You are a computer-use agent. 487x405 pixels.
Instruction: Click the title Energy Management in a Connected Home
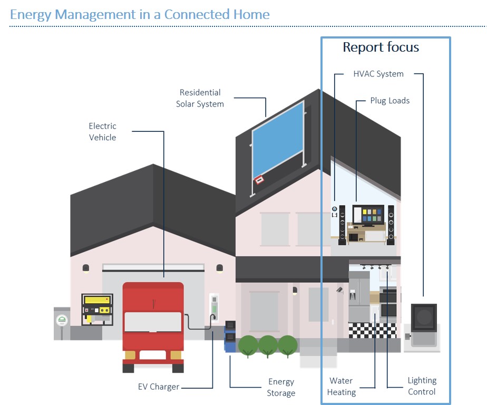[140, 14]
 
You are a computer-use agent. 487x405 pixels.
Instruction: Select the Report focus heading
[381, 47]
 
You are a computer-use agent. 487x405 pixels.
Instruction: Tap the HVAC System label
[378, 74]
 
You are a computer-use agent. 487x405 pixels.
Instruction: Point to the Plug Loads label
[389, 101]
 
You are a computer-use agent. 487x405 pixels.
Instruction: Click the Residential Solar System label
[200, 99]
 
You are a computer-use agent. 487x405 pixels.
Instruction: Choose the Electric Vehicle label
[102, 132]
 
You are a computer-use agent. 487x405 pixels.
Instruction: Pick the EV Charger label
[158, 387]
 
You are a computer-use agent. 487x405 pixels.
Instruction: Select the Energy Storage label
[281, 388]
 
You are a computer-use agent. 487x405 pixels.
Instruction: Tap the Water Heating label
[341, 387]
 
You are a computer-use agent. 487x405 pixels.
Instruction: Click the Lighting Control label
[422, 386]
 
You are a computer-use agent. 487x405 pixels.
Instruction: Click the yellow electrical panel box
[97, 308]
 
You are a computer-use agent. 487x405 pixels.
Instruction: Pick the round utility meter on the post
[62, 320]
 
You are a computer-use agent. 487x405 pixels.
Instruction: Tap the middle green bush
[268, 346]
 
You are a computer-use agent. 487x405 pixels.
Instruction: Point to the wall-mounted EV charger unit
[213, 307]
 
